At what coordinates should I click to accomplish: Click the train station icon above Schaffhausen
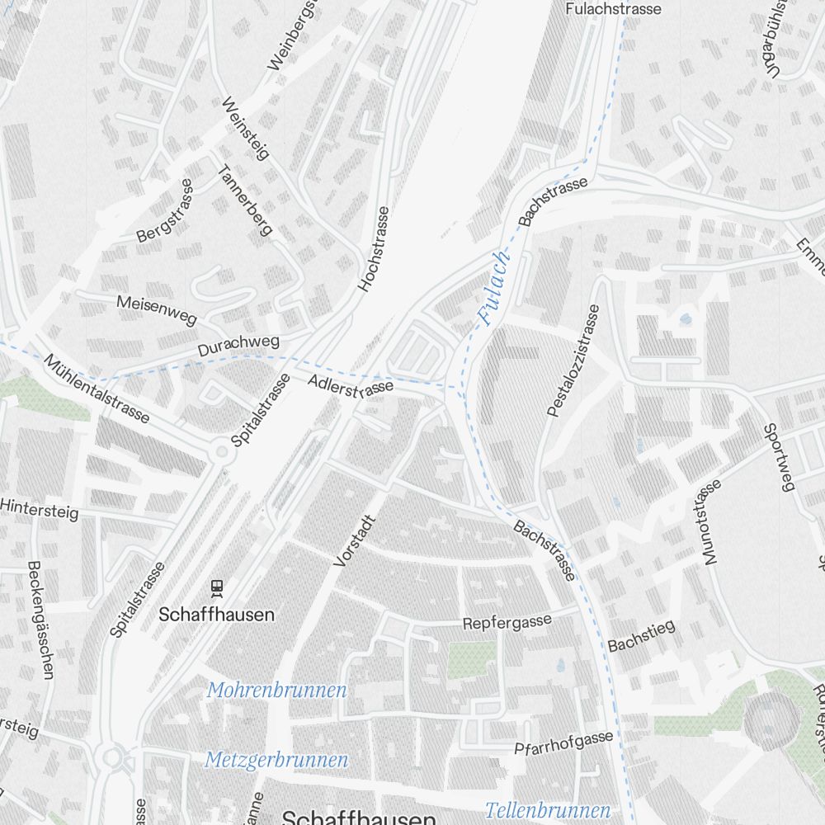point(217,587)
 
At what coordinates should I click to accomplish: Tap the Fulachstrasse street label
point(614,9)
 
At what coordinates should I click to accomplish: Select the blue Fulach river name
point(495,288)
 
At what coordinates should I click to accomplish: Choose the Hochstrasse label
point(373,248)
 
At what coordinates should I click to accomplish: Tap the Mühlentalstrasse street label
point(97,389)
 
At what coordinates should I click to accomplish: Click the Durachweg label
point(238,346)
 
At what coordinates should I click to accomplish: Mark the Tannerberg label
point(244,200)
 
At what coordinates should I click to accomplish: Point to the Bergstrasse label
point(164,211)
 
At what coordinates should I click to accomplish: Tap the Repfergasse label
point(507,620)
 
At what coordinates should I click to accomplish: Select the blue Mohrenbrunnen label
point(276,691)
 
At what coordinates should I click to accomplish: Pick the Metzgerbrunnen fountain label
point(276,759)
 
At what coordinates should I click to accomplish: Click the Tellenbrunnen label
point(548,809)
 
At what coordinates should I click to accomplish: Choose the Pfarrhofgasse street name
point(563,743)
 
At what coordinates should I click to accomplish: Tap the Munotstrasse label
point(711,522)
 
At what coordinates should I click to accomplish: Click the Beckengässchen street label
point(40,620)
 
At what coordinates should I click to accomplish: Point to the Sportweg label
point(777,457)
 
